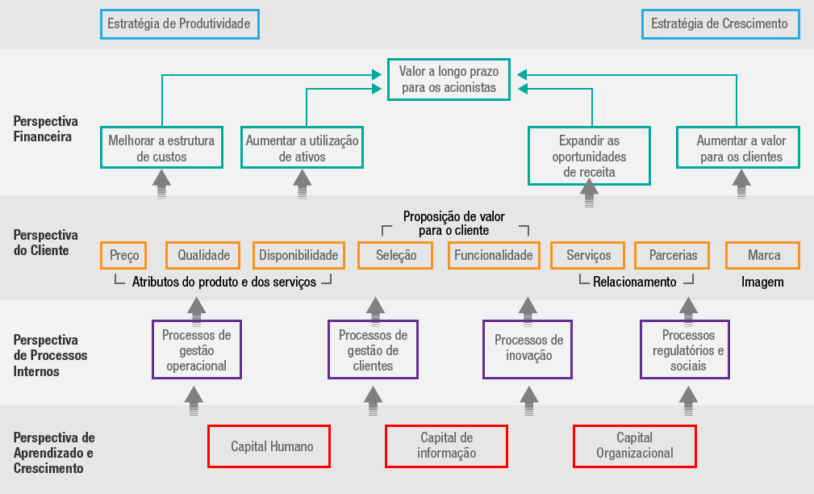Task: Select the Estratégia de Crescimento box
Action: coord(720,24)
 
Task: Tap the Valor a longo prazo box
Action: coord(449,79)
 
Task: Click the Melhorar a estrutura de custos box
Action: coord(161,148)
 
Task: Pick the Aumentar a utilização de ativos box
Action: coord(303,148)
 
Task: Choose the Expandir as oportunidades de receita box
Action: coord(589,156)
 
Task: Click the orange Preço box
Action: coord(124,256)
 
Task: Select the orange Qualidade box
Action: coord(204,256)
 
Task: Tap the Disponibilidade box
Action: coord(298,256)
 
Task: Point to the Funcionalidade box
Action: coord(494,256)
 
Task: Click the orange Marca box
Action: coord(763,256)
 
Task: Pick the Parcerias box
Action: coord(672,256)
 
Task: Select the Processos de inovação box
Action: coord(528,349)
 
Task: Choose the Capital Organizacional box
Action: coord(634,446)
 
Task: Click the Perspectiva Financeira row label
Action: coord(45,129)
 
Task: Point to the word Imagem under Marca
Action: coord(762,283)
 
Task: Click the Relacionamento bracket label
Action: coord(634,283)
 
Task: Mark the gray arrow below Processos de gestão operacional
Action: coord(194,400)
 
